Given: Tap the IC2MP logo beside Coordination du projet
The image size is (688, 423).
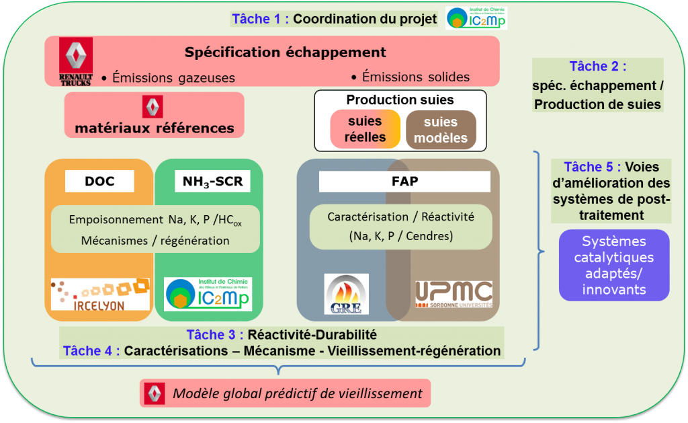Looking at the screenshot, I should (x=477, y=18).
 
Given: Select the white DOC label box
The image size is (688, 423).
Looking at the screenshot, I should (x=99, y=182).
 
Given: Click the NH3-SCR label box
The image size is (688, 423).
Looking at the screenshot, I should (x=208, y=182).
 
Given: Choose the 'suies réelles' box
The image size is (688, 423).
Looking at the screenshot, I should (x=365, y=129).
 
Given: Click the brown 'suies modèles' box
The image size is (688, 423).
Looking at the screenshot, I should (x=441, y=129).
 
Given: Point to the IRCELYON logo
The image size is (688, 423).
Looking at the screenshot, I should (x=100, y=295).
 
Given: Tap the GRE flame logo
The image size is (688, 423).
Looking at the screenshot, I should (x=346, y=294).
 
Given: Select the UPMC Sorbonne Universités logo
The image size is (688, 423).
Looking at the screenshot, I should (x=454, y=294).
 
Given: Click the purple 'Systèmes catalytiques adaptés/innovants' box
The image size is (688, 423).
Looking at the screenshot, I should (x=614, y=265).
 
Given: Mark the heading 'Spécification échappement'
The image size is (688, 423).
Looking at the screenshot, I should (x=286, y=52).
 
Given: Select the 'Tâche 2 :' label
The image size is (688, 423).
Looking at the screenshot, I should (x=598, y=66).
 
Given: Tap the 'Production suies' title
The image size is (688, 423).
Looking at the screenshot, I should (x=400, y=100).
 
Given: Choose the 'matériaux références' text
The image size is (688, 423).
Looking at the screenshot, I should (x=155, y=127).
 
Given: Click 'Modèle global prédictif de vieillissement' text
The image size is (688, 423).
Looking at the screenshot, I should (x=298, y=393).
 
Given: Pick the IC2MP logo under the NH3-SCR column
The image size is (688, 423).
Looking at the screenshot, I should (x=208, y=294).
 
